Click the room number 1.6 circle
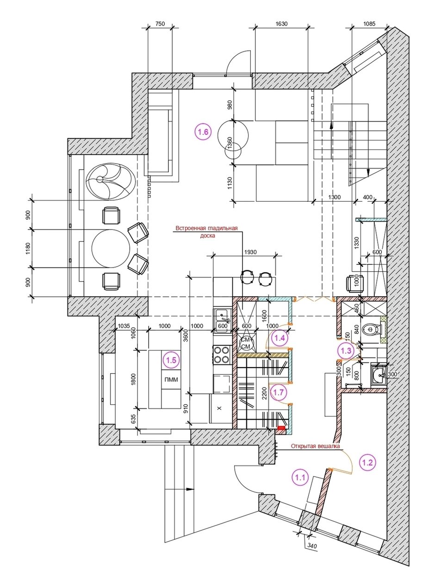pyautogui.click(x=203, y=132)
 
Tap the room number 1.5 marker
pyautogui.click(x=172, y=360)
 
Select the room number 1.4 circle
pyautogui.click(x=280, y=338)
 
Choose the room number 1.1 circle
pyautogui.click(x=300, y=478)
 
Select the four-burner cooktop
pyautogui.click(x=222, y=355)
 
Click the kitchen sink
pyautogui.click(x=223, y=319)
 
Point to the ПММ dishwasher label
pyautogui.click(x=171, y=380)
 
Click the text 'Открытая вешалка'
pyautogui.click(x=315, y=446)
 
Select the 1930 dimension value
pyautogui.click(x=250, y=252)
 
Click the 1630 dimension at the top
pyautogui.click(x=281, y=24)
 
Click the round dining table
pyautogui.click(x=111, y=248)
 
